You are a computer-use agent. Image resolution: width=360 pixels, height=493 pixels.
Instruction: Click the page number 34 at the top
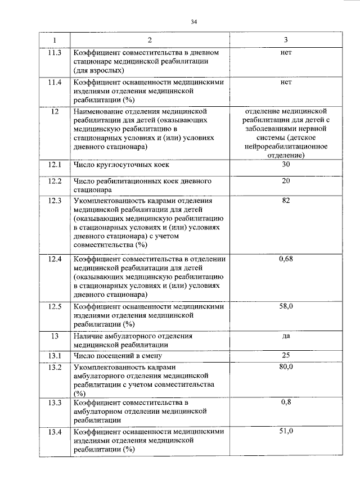(193, 22)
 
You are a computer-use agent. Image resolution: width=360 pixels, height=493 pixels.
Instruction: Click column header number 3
(285, 40)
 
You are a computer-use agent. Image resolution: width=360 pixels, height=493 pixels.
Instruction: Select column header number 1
(55, 40)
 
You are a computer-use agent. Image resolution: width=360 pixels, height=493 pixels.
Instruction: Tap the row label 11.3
(55, 52)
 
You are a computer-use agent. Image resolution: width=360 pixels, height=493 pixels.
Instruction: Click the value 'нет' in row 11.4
(285, 82)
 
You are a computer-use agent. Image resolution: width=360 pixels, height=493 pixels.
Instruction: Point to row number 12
(55, 111)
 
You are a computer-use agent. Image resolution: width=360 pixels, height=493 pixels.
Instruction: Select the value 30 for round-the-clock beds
(285, 165)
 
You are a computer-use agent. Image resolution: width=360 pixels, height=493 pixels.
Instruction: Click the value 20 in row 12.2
(285, 182)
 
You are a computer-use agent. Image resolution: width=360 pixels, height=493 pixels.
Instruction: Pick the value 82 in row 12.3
(285, 200)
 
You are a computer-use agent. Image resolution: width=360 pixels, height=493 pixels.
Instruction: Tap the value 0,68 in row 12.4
(286, 259)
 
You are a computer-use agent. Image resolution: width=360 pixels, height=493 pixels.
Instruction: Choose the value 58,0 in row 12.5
(286, 306)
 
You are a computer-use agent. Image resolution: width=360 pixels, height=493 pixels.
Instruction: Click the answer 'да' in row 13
(285, 336)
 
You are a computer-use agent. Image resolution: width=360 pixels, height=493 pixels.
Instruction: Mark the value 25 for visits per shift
(285, 355)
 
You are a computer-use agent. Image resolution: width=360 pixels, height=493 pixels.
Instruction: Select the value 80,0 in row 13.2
(286, 367)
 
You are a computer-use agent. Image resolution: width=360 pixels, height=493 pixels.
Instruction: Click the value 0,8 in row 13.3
(286, 402)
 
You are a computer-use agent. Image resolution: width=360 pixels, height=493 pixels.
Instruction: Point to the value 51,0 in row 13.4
(286, 431)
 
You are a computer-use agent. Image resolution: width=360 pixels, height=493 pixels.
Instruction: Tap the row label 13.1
(55, 355)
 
